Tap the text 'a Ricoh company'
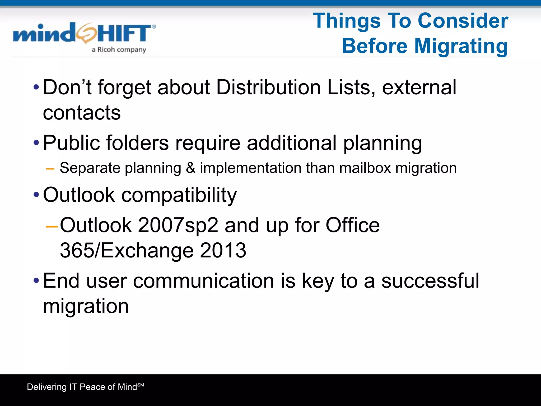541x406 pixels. pyautogui.click(x=119, y=50)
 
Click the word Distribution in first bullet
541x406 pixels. pyautogui.click(x=268, y=87)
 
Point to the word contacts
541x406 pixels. pyautogui.click(x=82, y=113)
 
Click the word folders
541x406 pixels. pyautogui.click(x=137, y=143)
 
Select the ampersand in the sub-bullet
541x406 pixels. pyautogui.click(x=190, y=168)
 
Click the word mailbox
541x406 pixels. pyautogui.click(x=365, y=168)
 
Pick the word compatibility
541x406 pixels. pyautogui.click(x=179, y=195)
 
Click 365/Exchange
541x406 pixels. pyautogui.click(x=127, y=251)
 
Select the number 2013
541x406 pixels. pyautogui.click(x=223, y=251)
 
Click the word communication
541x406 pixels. pyautogui.click(x=203, y=281)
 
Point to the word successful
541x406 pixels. pyautogui.click(x=430, y=281)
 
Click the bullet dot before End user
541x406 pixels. pyautogui.click(x=36, y=280)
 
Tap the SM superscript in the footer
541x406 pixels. pyautogui.click(x=141, y=385)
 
